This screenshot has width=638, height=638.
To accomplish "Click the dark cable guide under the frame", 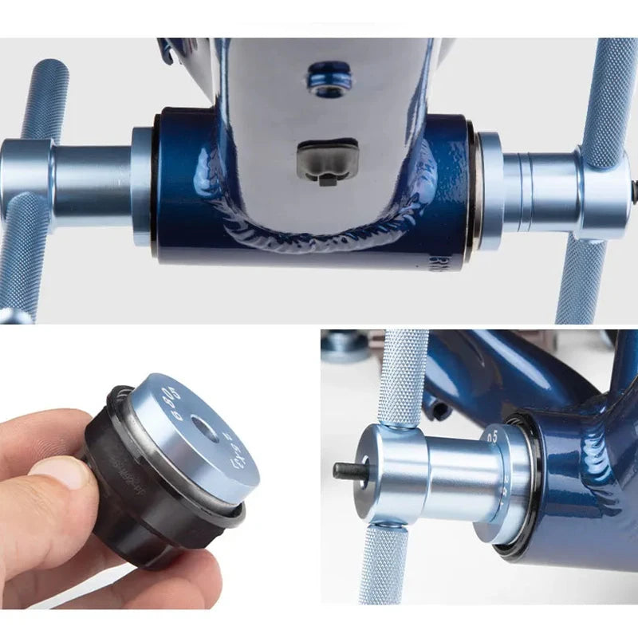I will (x=327, y=162).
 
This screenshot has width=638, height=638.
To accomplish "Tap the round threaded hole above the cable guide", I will (x=329, y=80).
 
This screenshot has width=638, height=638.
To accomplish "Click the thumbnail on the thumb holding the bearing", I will (x=61, y=471).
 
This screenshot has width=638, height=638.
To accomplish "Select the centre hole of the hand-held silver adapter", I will (x=206, y=431).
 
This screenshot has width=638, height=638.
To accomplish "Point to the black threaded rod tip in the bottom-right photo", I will (x=345, y=471).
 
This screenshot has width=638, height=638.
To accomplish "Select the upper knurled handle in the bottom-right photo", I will (x=403, y=375).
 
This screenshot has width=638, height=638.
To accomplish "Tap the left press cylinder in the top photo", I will (x=92, y=183).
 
